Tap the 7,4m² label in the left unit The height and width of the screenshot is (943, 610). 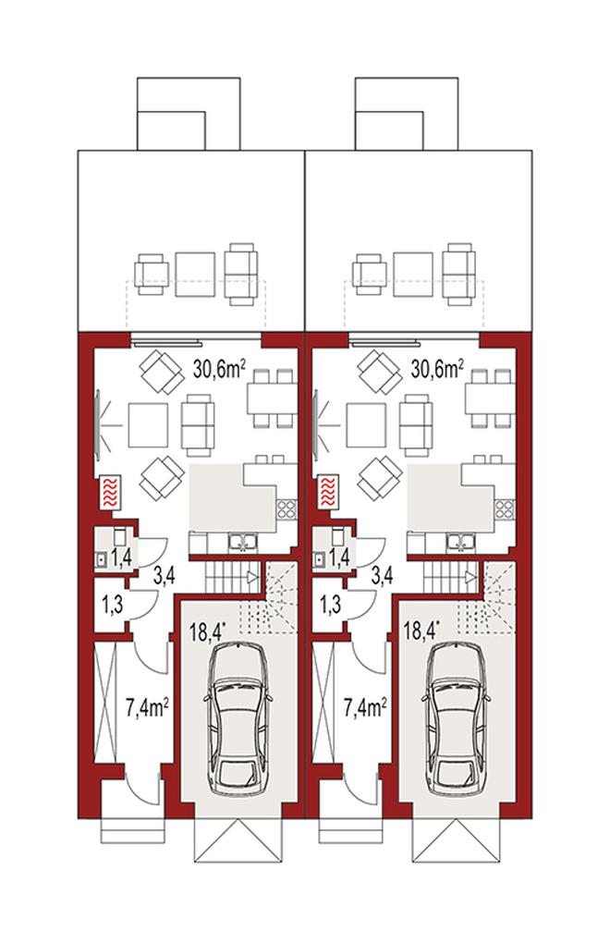pyautogui.click(x=147, y=708)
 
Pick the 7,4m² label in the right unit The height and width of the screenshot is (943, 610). pyautogui.click(x=364, y=708)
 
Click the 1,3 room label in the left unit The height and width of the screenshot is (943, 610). pyautogui.click(x=113, y=604)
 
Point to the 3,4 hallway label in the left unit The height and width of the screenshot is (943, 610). pyautogui.click(x=165, y=576)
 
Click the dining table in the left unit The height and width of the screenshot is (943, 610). pyautogui.click(x=271, y=398)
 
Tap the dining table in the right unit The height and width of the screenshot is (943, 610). pyautogui.click(x=489, y=398)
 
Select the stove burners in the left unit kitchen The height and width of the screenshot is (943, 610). pyautogui.click(x=286, y=510)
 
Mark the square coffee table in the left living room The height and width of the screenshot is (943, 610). pyautogui.click(x=147, y=425)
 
